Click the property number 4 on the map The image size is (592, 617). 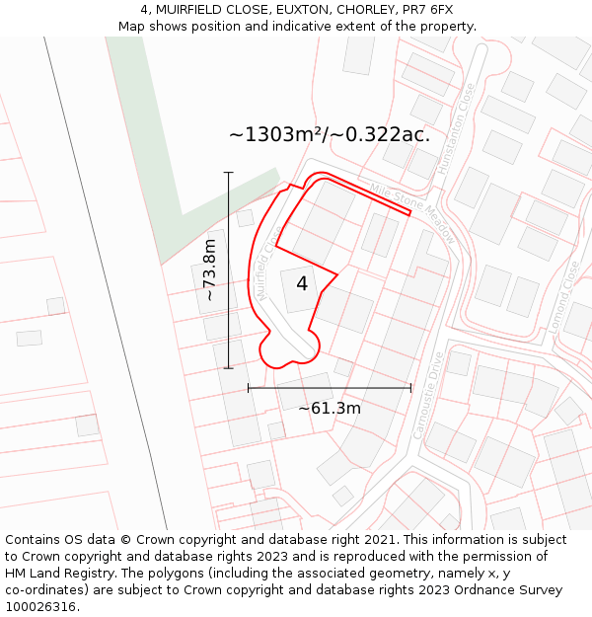(302, 283)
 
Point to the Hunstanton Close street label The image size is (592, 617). (456, 129)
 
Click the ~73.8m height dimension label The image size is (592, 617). (209, 270)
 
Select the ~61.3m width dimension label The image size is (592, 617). (330, 408)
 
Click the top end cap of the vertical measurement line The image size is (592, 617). (229, 173)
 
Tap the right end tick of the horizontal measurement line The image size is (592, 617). (410, 388)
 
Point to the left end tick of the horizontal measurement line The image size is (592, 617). (249, 388)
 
